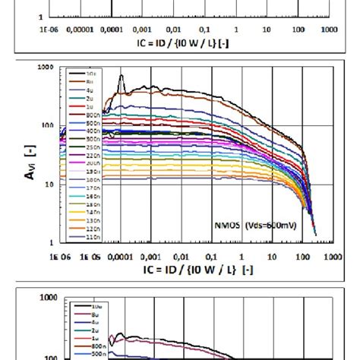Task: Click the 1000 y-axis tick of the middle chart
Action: coord(45,68)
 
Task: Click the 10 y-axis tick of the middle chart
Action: coord(49,184)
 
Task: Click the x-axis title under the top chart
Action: coord(190,43)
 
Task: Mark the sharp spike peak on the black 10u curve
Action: coord(122,76)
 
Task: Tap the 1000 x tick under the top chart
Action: coord(329,30)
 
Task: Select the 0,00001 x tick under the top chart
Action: coord(81,30)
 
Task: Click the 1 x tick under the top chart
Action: coord(236,30)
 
